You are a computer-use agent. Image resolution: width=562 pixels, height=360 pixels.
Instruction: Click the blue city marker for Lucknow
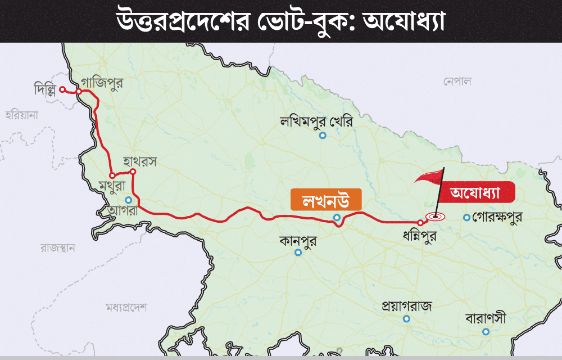[x=337, y=218]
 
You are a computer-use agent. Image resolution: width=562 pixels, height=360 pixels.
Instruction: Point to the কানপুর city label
[x=298, y=240]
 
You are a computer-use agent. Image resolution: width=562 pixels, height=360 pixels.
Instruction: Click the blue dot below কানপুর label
[x=298, y=253]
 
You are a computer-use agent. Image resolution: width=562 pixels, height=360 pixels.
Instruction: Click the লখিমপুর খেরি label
[x=318, y=121]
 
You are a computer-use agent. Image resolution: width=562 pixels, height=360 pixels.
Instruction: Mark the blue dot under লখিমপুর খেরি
[x=323, y=136]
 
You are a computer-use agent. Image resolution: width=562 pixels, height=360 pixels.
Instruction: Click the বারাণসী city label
[x=486, y=318]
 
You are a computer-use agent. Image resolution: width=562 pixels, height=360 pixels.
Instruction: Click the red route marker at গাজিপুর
[x=80, y=92]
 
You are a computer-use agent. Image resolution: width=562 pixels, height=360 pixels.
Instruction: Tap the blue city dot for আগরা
[x=129, y=200]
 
